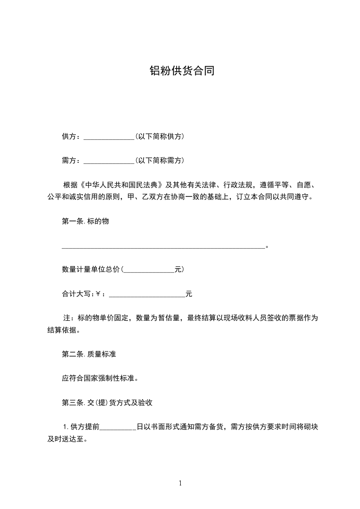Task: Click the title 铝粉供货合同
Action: pyautogui.click(x=182, y=71)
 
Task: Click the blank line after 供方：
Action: pyautogui.click(x=109, y=137)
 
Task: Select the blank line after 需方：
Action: pyautogui.click(x=109, y=161)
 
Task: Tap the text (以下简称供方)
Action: pyautogui.click(x=159, y=137)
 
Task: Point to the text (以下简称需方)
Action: pyautogui.click(x=159, y=161)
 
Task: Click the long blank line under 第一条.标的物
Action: pyautogui.click(x=163, y=247)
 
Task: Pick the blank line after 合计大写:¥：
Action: pyautogui.click(x=147, y=295)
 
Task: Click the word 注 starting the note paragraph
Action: pyautogui.click(x=65, y=318)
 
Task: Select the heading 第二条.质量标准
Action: pyautogui.click(x=89, y=354)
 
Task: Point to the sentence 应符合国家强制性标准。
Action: pyautogui.click(x=99, y=378)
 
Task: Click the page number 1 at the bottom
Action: pyautogui.click(x=180, y=483)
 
